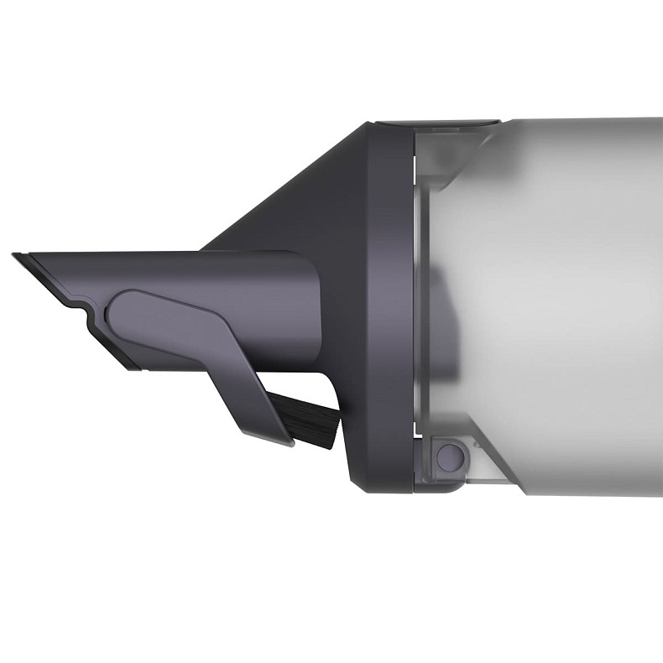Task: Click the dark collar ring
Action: click(x=386, y=302)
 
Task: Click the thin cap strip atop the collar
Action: click(x=436, y=123)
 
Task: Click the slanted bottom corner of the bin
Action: click(x=495, y=470)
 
